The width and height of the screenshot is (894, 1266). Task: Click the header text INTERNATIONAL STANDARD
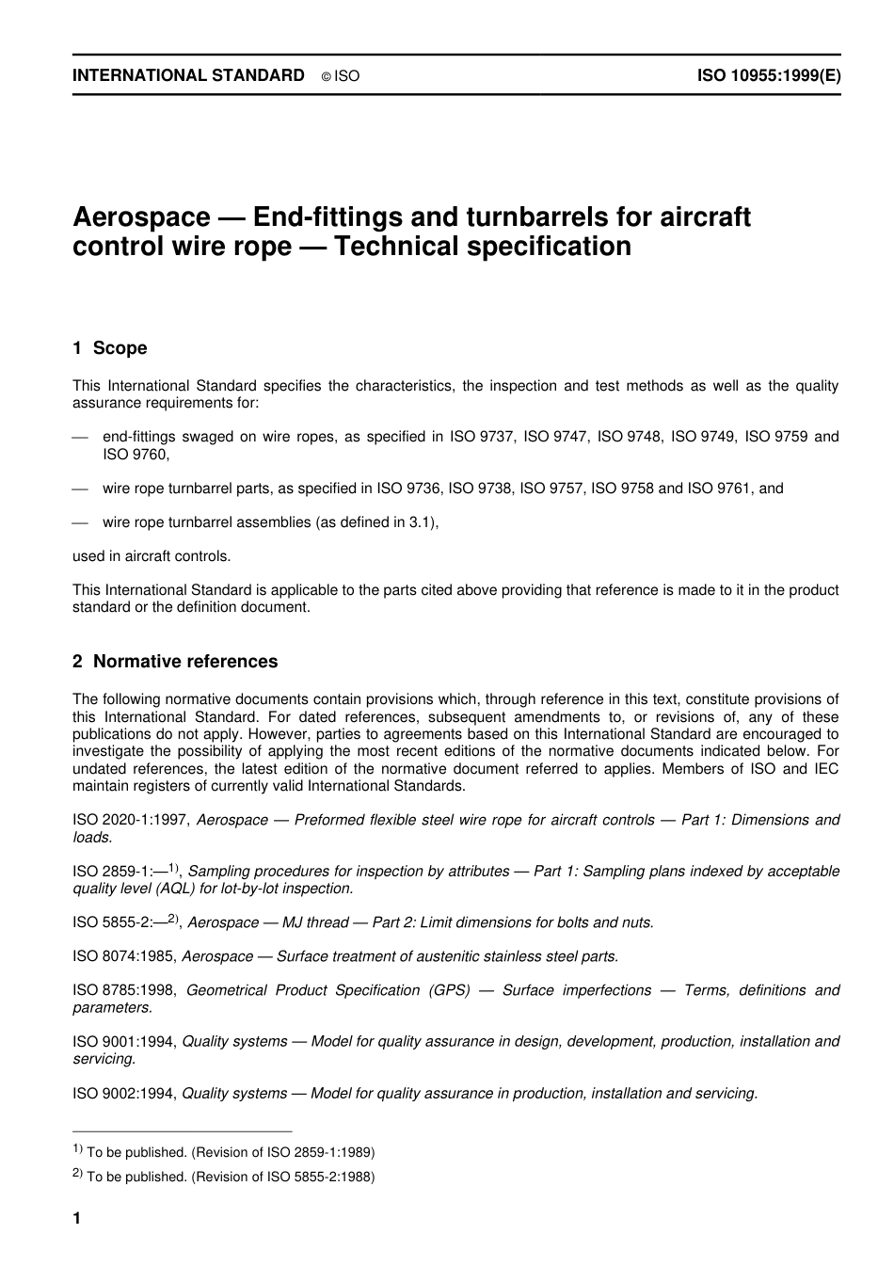pos(188,75)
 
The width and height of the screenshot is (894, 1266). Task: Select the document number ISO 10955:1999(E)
pos(768,75)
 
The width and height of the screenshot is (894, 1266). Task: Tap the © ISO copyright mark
pos(340,76)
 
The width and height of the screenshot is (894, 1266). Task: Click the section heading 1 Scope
pos(110,348)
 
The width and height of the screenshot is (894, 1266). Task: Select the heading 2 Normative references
pos(175,662)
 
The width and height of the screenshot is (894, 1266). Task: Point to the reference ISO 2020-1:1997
pos(130,820)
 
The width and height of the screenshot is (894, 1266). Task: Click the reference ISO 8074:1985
pos(123,956)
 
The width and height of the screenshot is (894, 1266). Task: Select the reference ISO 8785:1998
pos(123,990)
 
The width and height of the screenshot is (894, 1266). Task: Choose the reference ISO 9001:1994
pos(123,1041)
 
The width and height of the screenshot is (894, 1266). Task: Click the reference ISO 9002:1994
pos(123,1093)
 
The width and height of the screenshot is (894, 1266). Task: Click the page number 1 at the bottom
pos(77,1219)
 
